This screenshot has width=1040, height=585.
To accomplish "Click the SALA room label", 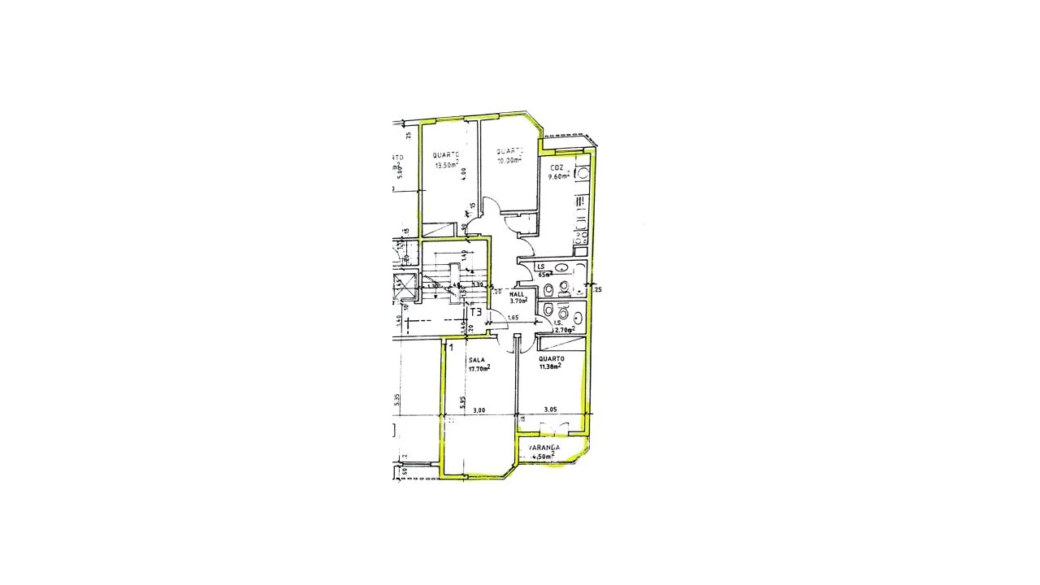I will click(476, 360).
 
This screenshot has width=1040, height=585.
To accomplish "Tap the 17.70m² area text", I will click(479, 368).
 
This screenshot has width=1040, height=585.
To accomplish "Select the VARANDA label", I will click(544, 448).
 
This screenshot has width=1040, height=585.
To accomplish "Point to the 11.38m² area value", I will click(550, 366).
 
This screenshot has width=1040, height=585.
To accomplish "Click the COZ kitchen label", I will click(557, 168).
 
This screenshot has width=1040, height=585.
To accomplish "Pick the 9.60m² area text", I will click(559, 176).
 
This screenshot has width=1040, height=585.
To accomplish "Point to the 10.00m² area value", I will click(509, 160).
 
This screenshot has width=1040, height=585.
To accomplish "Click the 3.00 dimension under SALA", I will click(479, 410).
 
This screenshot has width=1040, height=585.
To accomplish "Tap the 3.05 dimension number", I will click(550, 410).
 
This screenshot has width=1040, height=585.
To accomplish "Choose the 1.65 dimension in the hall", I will click(513, 317).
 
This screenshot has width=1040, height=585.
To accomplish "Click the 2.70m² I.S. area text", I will click(564, 330).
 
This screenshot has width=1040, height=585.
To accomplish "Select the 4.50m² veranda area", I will click(542, 457).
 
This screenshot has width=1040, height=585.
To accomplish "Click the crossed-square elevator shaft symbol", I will click(404, 287).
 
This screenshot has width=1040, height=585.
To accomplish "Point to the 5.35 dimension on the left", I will click(396, 400).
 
